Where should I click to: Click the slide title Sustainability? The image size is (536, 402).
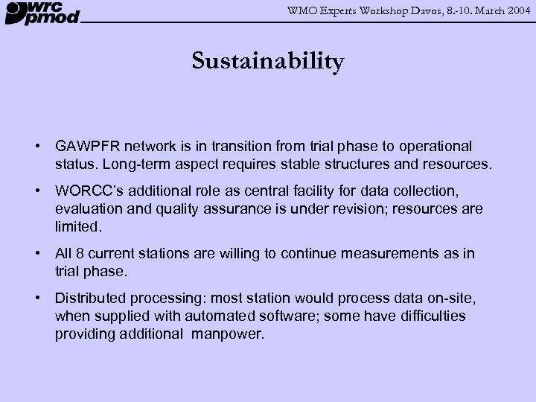pos(268,61)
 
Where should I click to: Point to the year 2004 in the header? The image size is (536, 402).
pos(515,9)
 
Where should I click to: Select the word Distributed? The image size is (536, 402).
pos(92,299)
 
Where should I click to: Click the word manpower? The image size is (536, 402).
pos(227,334)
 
